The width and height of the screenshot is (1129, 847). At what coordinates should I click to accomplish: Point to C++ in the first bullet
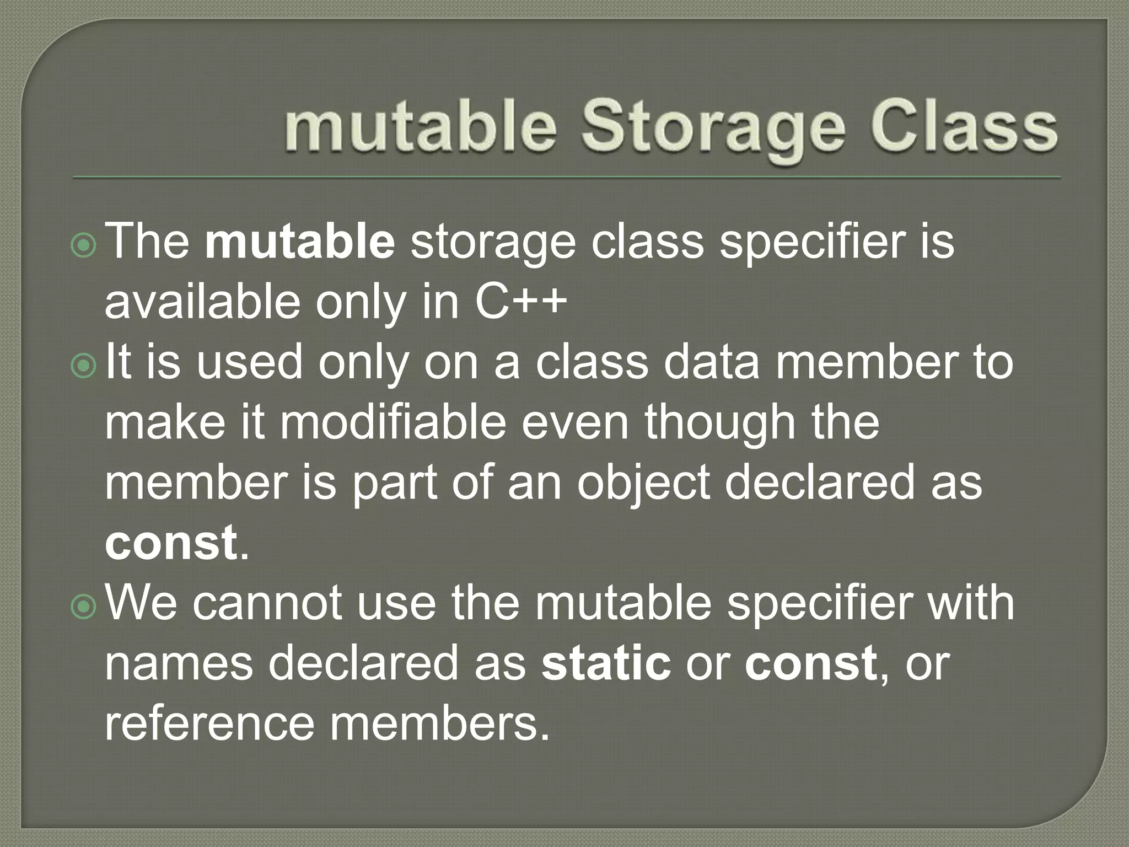click(521, 302)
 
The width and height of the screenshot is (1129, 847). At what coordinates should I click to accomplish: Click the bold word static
click(606, 663)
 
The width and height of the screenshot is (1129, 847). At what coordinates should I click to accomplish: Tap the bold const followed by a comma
click(810, 663)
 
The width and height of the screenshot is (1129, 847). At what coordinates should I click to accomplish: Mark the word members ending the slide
click(440, 723)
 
